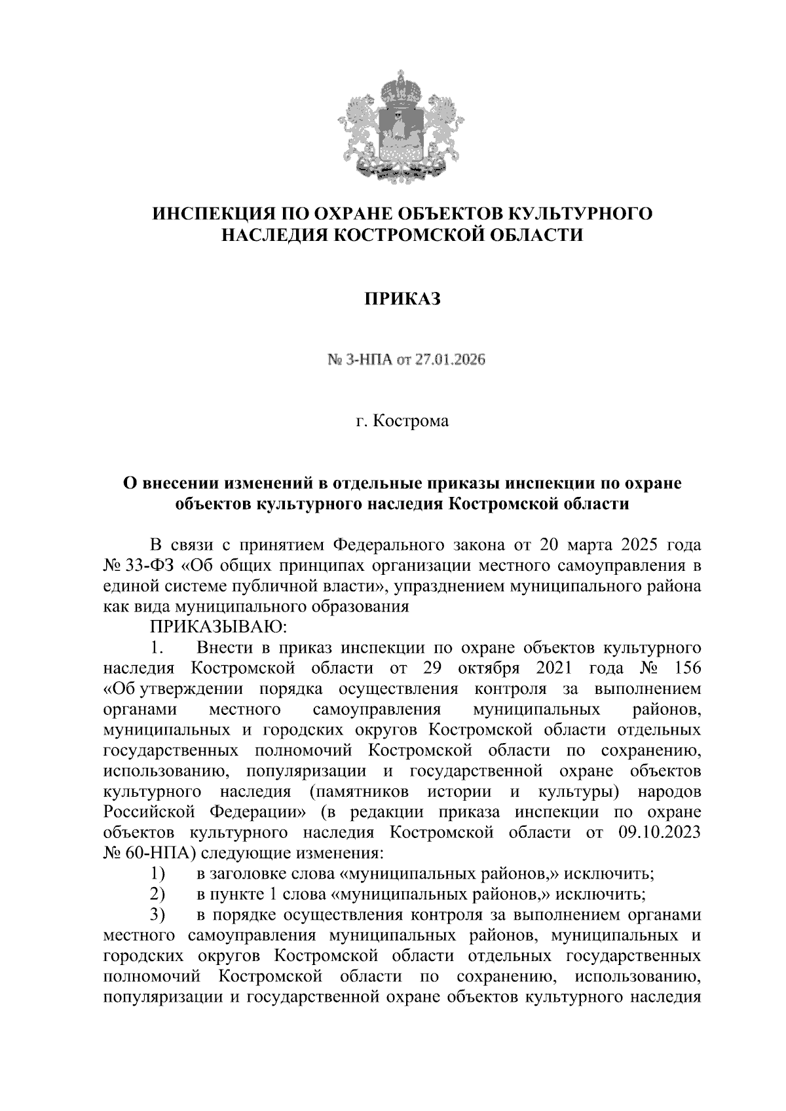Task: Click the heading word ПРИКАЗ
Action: [402, 299]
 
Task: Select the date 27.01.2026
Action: [449, 360]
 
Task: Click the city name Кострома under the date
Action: [411, 421]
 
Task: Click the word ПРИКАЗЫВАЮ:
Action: [219, 627]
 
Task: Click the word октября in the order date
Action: [489, 668]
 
